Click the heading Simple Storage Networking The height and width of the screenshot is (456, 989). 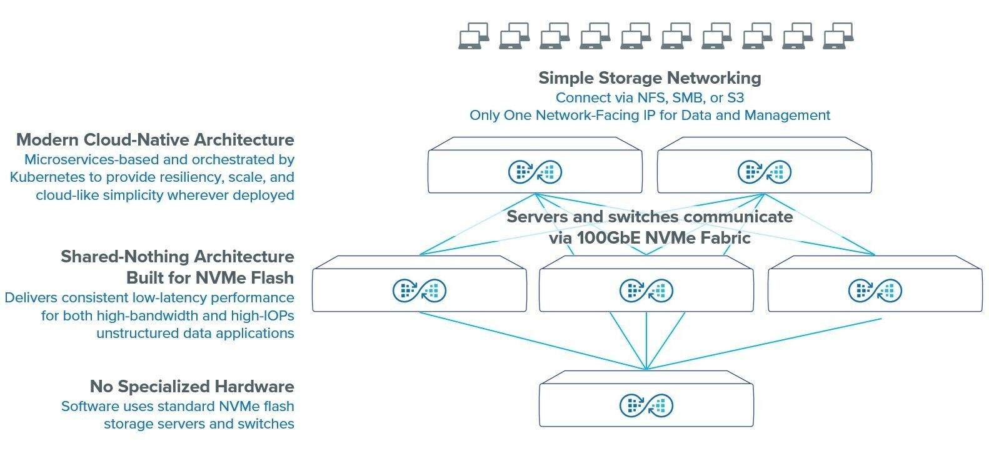tap(650, 78)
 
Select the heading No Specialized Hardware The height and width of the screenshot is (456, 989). tap(192, 387)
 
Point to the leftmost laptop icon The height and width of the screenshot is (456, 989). tap(473, 36)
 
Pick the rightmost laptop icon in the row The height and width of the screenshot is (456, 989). tap(838, 36)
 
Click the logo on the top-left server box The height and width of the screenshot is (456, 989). tap(535, 172)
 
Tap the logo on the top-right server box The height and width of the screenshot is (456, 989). tap(764, 172)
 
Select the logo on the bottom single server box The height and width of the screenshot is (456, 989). tap(646, 405)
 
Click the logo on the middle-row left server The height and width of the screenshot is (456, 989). tap(419, 290)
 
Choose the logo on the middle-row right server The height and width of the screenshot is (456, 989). tap(875, 290)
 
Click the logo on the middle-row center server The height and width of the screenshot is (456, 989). tap(646, 290)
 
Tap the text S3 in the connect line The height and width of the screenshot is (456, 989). tap(735, 98)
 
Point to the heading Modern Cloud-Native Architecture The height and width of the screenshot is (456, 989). tap(155, 140)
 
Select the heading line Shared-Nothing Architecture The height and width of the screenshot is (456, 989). tap(178, 257)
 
